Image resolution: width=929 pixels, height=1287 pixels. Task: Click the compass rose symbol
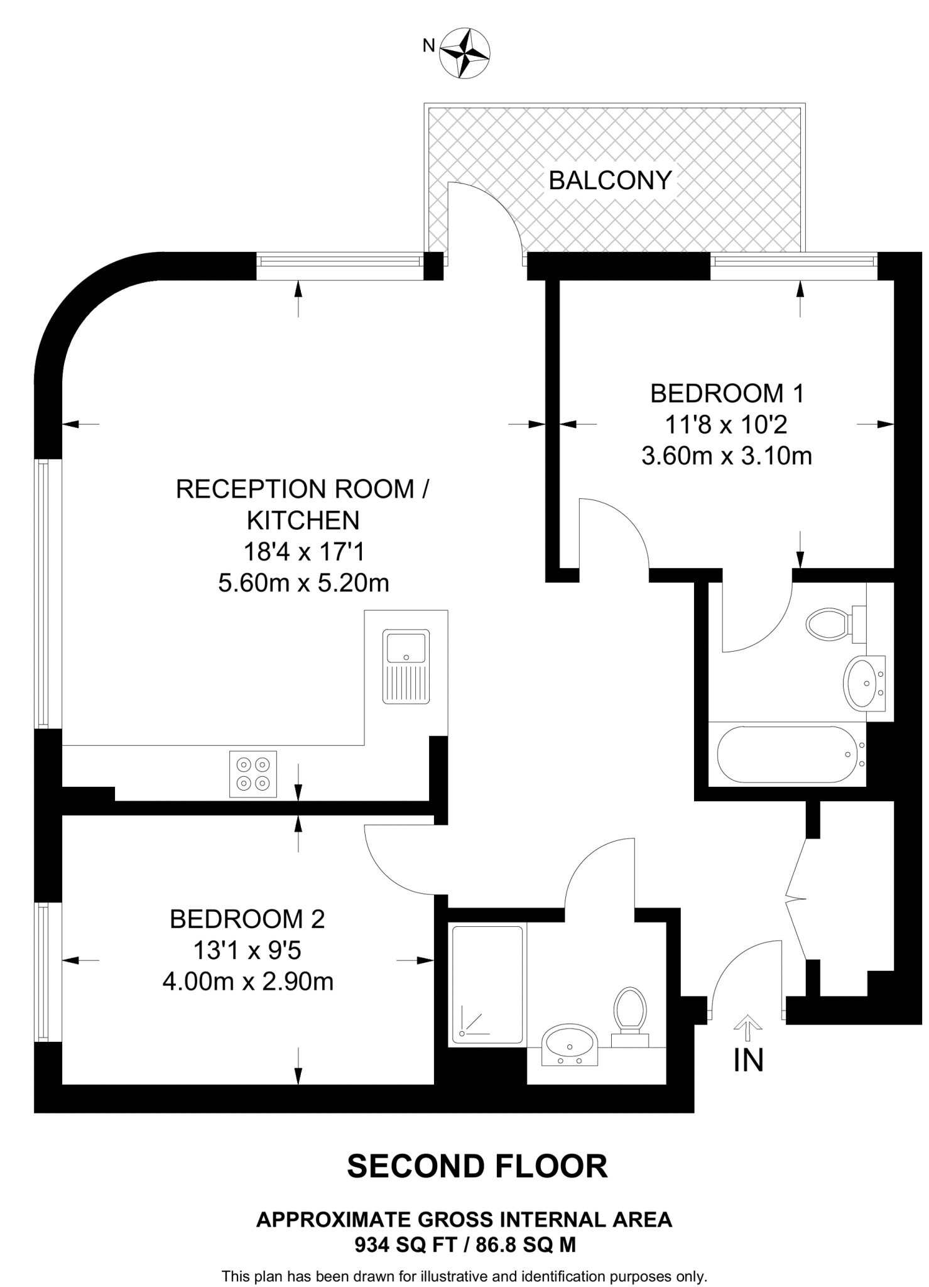click(x=465, y=53)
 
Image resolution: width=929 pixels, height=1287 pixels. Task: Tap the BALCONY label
click(x=610, y=181)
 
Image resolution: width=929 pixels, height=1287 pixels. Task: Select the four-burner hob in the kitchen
click(x=253, y=774)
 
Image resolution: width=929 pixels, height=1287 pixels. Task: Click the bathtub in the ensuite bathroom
click(x=788, y=754)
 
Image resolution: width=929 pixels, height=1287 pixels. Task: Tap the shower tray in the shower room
click(x=487, y=985)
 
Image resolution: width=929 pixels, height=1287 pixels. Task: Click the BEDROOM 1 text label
click(x=726, y=394)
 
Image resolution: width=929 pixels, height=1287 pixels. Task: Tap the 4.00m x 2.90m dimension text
click(x=247, y=981)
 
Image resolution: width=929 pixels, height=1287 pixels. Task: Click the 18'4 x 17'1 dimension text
click(x=303, y=552)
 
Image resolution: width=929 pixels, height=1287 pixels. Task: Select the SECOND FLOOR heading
click(x=477, y=1166)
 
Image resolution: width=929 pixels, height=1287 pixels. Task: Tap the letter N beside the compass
click(x=428, y=45)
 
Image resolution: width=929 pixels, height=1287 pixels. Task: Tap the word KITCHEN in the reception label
click(x=303, y=520)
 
